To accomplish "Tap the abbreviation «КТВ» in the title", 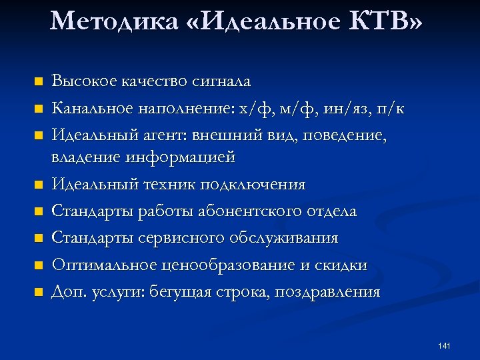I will click(x=385, y=22).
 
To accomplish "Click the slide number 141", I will click(x=445, y=345).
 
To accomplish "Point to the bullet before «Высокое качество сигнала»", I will click(x=39, y=82).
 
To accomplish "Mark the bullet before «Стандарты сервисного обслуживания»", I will click(x=39, y=238).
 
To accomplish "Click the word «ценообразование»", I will click(x=228, y=265).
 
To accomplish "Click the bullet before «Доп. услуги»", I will click(x=39, y=291).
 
